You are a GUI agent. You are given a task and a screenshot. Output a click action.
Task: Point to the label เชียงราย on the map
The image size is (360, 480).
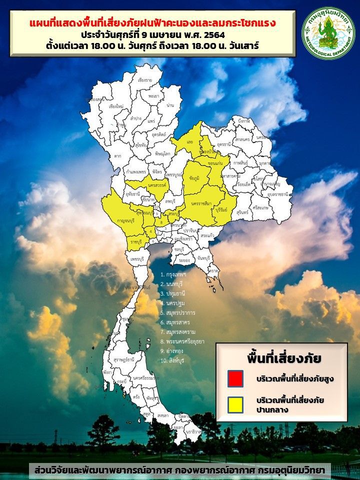[144, 80]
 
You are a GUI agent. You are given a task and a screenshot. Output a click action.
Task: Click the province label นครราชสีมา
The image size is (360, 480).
[201, 204]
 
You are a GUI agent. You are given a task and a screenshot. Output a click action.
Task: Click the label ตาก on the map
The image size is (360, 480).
[117, 156]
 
